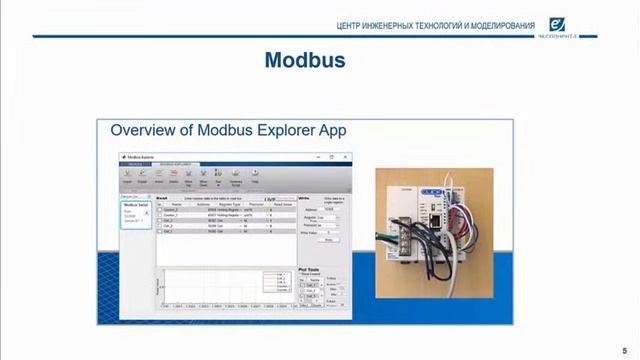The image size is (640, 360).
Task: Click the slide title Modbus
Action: (305, 60)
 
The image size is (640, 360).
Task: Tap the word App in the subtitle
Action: (331, 131)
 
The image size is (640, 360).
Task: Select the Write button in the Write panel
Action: (328, 240)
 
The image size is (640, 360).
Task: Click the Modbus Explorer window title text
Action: (140, 156)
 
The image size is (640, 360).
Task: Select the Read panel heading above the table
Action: (162, 197)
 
